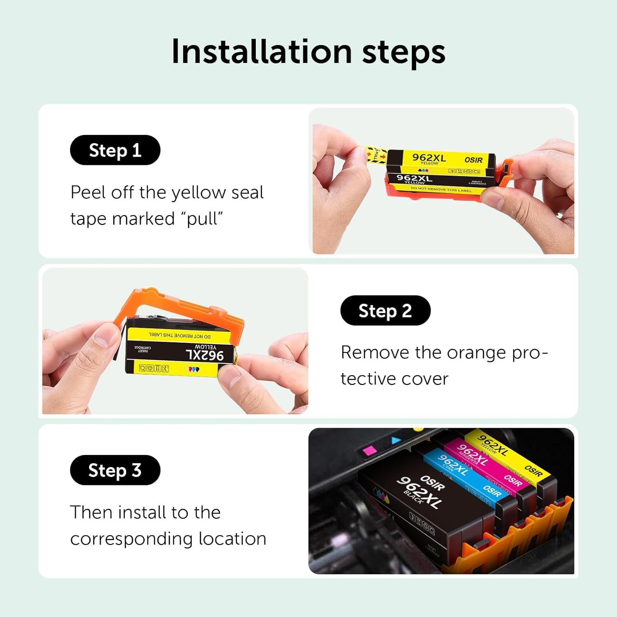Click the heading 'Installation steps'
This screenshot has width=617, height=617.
[308, 52]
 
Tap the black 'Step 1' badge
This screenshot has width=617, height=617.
[115, 150]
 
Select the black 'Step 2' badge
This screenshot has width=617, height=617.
[385, 311]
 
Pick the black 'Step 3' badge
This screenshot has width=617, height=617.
[115, 470]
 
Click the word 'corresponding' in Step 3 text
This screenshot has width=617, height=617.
[132, 539]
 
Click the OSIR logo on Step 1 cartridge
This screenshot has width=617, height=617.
[473, 160]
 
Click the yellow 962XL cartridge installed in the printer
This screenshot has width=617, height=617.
[510, 452]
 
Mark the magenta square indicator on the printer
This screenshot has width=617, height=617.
[367, 451]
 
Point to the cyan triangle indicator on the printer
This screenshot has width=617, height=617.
[396, 441]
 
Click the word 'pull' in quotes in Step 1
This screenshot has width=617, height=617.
[202, 219]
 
